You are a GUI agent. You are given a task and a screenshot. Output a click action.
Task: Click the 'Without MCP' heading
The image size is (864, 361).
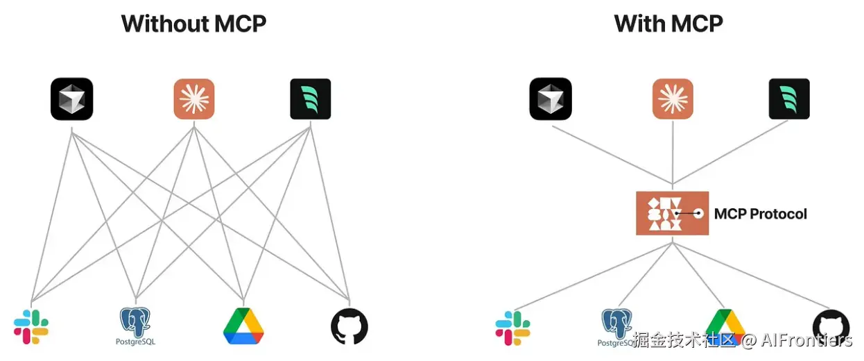pos(193,24)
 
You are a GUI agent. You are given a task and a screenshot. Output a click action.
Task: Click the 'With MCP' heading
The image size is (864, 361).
pos(668,24)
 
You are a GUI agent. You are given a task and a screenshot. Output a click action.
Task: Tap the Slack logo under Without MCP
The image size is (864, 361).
pos(31,327)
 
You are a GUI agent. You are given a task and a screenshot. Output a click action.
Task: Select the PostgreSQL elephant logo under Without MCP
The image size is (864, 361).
pos(136,324)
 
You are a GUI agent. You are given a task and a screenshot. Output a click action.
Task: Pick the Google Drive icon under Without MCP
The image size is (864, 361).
pos(243,326)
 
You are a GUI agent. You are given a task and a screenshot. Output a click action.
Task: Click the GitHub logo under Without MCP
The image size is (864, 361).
pos(349,326)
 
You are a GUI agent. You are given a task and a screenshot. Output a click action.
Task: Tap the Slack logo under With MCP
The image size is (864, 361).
pos(512,328)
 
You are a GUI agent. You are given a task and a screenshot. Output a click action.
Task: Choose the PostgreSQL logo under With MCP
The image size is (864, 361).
pos(616,325)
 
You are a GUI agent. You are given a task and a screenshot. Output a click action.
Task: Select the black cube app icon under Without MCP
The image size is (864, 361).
pos(71,99)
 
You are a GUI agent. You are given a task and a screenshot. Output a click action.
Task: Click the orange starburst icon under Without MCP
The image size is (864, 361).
pos(193,99)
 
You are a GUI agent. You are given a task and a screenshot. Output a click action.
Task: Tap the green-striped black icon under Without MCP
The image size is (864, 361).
pos(310,99)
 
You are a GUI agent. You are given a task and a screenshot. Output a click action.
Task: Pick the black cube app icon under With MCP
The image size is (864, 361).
pos(551,99)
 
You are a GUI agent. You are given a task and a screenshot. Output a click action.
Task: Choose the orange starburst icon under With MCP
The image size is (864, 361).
pos(673,99)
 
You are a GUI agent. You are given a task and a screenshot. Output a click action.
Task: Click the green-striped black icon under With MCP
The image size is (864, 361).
pos(789,99)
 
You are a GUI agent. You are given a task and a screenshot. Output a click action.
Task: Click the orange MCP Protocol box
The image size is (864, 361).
pos(672,213)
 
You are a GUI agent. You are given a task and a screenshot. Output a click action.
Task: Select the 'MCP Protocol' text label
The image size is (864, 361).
pos(760,214)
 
